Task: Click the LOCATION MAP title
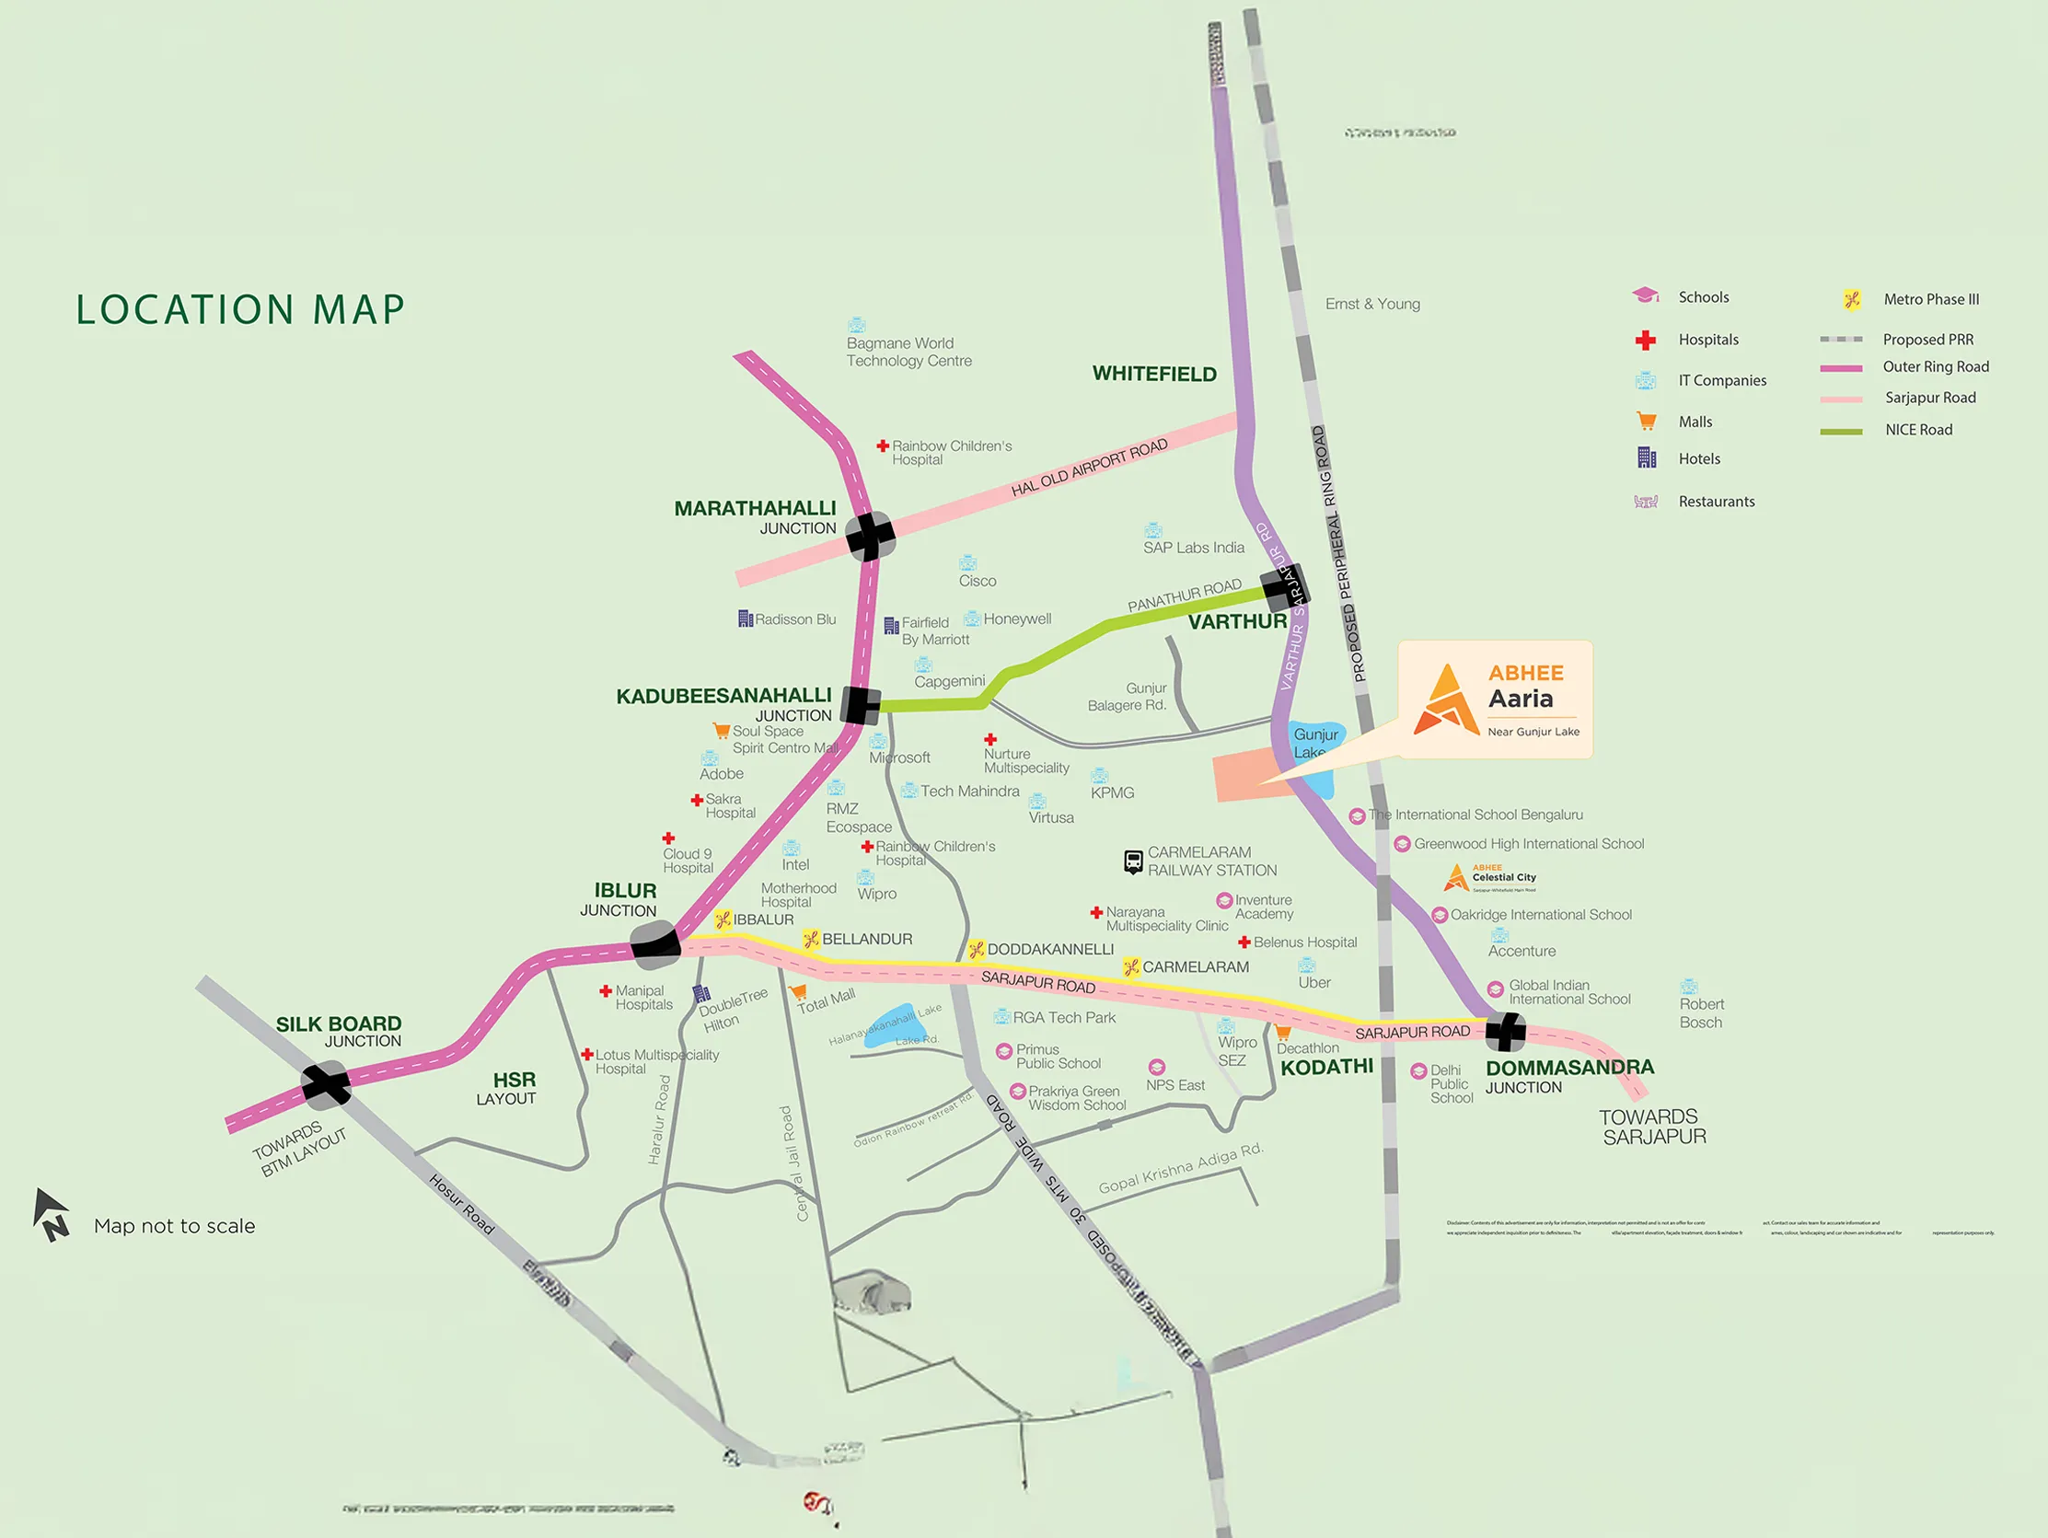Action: [x=241, y=309]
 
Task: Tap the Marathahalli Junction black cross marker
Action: [x=870, y=535]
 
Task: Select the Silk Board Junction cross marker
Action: [x=326, y=1084]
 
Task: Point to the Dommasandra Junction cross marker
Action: [x=1506, y=1031]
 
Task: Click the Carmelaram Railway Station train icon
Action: [x=1133, y=862]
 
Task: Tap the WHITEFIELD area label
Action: [x=1153, y=374]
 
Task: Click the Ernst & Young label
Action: [x=1372, y=304]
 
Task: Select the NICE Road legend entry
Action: [x=1918, y=430]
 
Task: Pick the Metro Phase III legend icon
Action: [x=1852, y=299]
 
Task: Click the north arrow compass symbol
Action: [x=51, y=1214]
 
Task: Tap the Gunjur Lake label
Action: [x=1314, y=743]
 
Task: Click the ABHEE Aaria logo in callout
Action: [x=1447, y=700]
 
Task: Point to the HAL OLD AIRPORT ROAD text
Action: [x=1089, y=468]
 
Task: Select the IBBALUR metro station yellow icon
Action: [x=723, y=919]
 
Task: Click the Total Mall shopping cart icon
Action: [x=797, y=991]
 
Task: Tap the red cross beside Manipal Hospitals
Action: [x=606, y=990]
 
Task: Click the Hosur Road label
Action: [x=461, y=1204]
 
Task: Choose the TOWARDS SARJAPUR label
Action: [x=1652, y=1127]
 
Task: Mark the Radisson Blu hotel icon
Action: [x=746, y=619]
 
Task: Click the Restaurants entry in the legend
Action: [x=1716, y=502]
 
